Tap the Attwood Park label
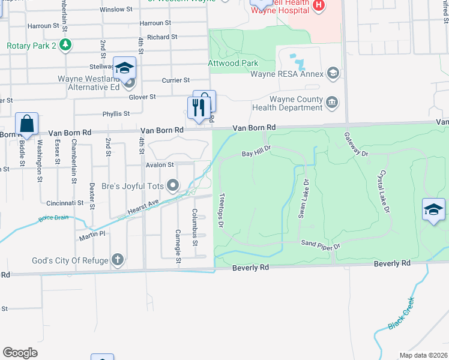coord(233,63)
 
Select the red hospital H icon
coord(318,6)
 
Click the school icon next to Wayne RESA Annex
coord(333,74)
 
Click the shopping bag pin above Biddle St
coord(27,124)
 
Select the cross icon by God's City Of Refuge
coord(118,260)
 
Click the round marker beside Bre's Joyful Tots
coord(173,185)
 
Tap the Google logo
coord(20,353)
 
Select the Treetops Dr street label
coord(220,210)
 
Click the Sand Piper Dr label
coord(321,245)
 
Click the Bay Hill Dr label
coord(258,154)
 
